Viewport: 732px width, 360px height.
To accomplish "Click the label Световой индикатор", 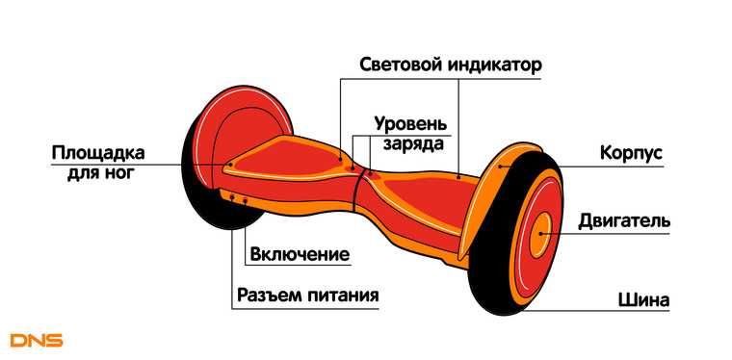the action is tap(451, 65).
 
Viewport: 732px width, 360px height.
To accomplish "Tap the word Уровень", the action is tap(410, 125).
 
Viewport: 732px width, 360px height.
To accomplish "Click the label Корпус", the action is tap(631, 154).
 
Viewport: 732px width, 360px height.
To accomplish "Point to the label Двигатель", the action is tap(623, 221).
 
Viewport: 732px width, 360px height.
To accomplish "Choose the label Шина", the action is tap(642, 299).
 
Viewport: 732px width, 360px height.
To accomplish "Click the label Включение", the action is tap(298, 255).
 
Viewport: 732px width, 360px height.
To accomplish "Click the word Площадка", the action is tap(97, 154).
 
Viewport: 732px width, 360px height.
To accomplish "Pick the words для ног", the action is tap(101, 174).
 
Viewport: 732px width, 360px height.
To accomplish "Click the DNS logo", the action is tap(36, 340).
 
